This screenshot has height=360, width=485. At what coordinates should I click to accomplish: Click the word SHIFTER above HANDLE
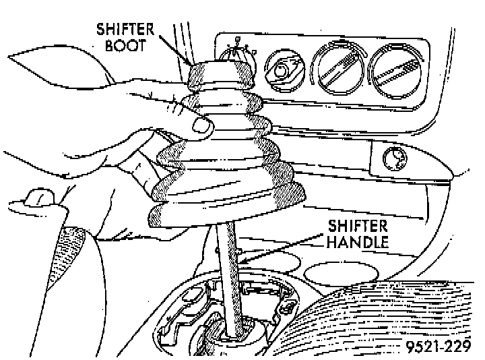coord(358,226)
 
